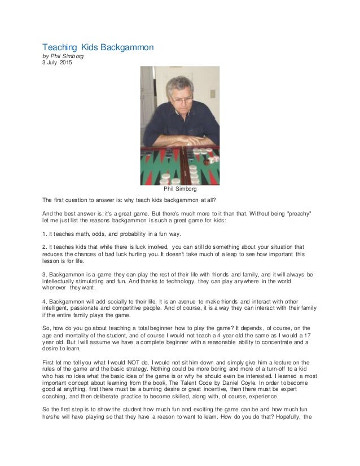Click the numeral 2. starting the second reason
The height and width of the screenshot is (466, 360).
click(x=45, y=247)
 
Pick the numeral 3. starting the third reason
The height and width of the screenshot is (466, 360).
click(x=45, y=274)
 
